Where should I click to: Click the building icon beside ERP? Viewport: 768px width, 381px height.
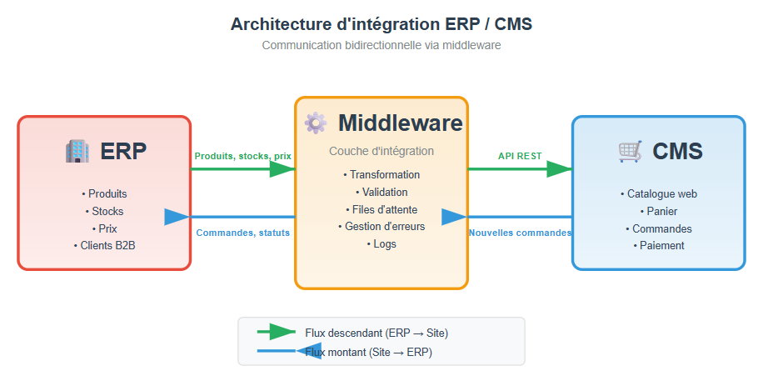click(77, 151)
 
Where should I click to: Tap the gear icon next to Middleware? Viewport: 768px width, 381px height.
click(316, 123)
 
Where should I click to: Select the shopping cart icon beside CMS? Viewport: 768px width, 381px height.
click(630, 151)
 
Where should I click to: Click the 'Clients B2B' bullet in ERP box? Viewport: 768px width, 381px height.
click(104, 245)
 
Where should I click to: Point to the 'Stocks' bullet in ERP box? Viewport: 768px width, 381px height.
click(104, 211)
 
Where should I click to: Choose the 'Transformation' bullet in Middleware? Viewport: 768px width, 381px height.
click(382, 175)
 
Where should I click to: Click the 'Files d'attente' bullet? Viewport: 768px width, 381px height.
click(382, 209)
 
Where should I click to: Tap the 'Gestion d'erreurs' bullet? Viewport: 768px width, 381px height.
click(382, 226)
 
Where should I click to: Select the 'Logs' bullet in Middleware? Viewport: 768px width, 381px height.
click(382, 243)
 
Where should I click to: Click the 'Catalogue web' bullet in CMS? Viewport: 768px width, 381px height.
click(659, 193)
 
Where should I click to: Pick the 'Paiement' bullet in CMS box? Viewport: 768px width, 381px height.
click(659, 245)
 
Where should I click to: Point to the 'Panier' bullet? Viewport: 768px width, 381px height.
click(659, 211)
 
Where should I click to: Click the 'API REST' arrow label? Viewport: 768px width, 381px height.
click(520, 156)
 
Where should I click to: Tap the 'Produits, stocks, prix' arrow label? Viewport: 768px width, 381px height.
click(243, 156)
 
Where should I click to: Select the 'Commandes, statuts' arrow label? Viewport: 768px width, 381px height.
click(243, 233)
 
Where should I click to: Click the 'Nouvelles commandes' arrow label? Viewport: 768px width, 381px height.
click(520, 233)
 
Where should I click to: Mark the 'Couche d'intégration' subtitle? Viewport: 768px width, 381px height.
click(382, 151)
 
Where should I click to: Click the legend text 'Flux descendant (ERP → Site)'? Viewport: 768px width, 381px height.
click(377, 333)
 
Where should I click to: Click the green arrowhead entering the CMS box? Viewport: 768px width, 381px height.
click(559, 169)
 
